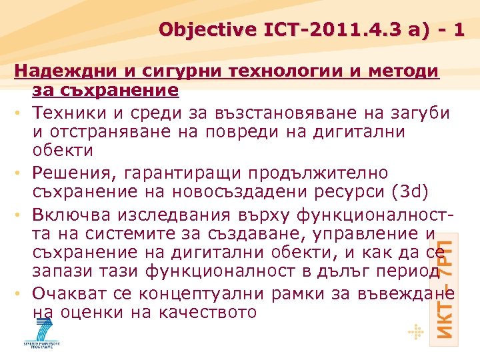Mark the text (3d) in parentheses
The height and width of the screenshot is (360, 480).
click(x=407, y=193)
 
